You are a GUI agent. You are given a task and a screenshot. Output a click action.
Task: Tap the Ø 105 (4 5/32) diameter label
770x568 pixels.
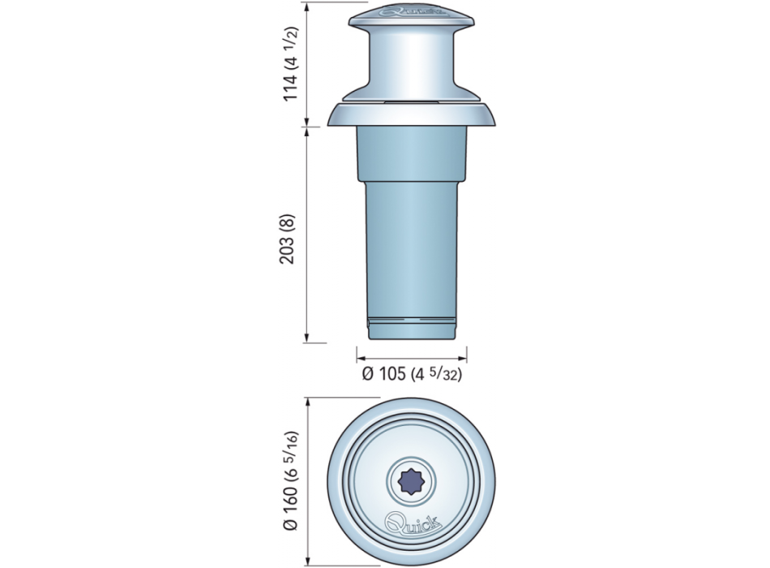[x=412, y=374]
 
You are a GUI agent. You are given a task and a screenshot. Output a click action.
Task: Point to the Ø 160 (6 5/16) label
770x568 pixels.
[x=291, y=480]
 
